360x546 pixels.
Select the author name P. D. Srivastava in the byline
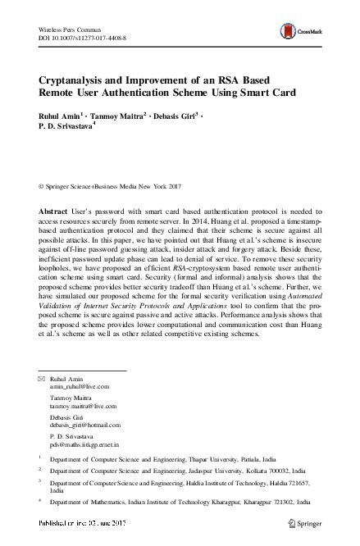click(x=66, y=130)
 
